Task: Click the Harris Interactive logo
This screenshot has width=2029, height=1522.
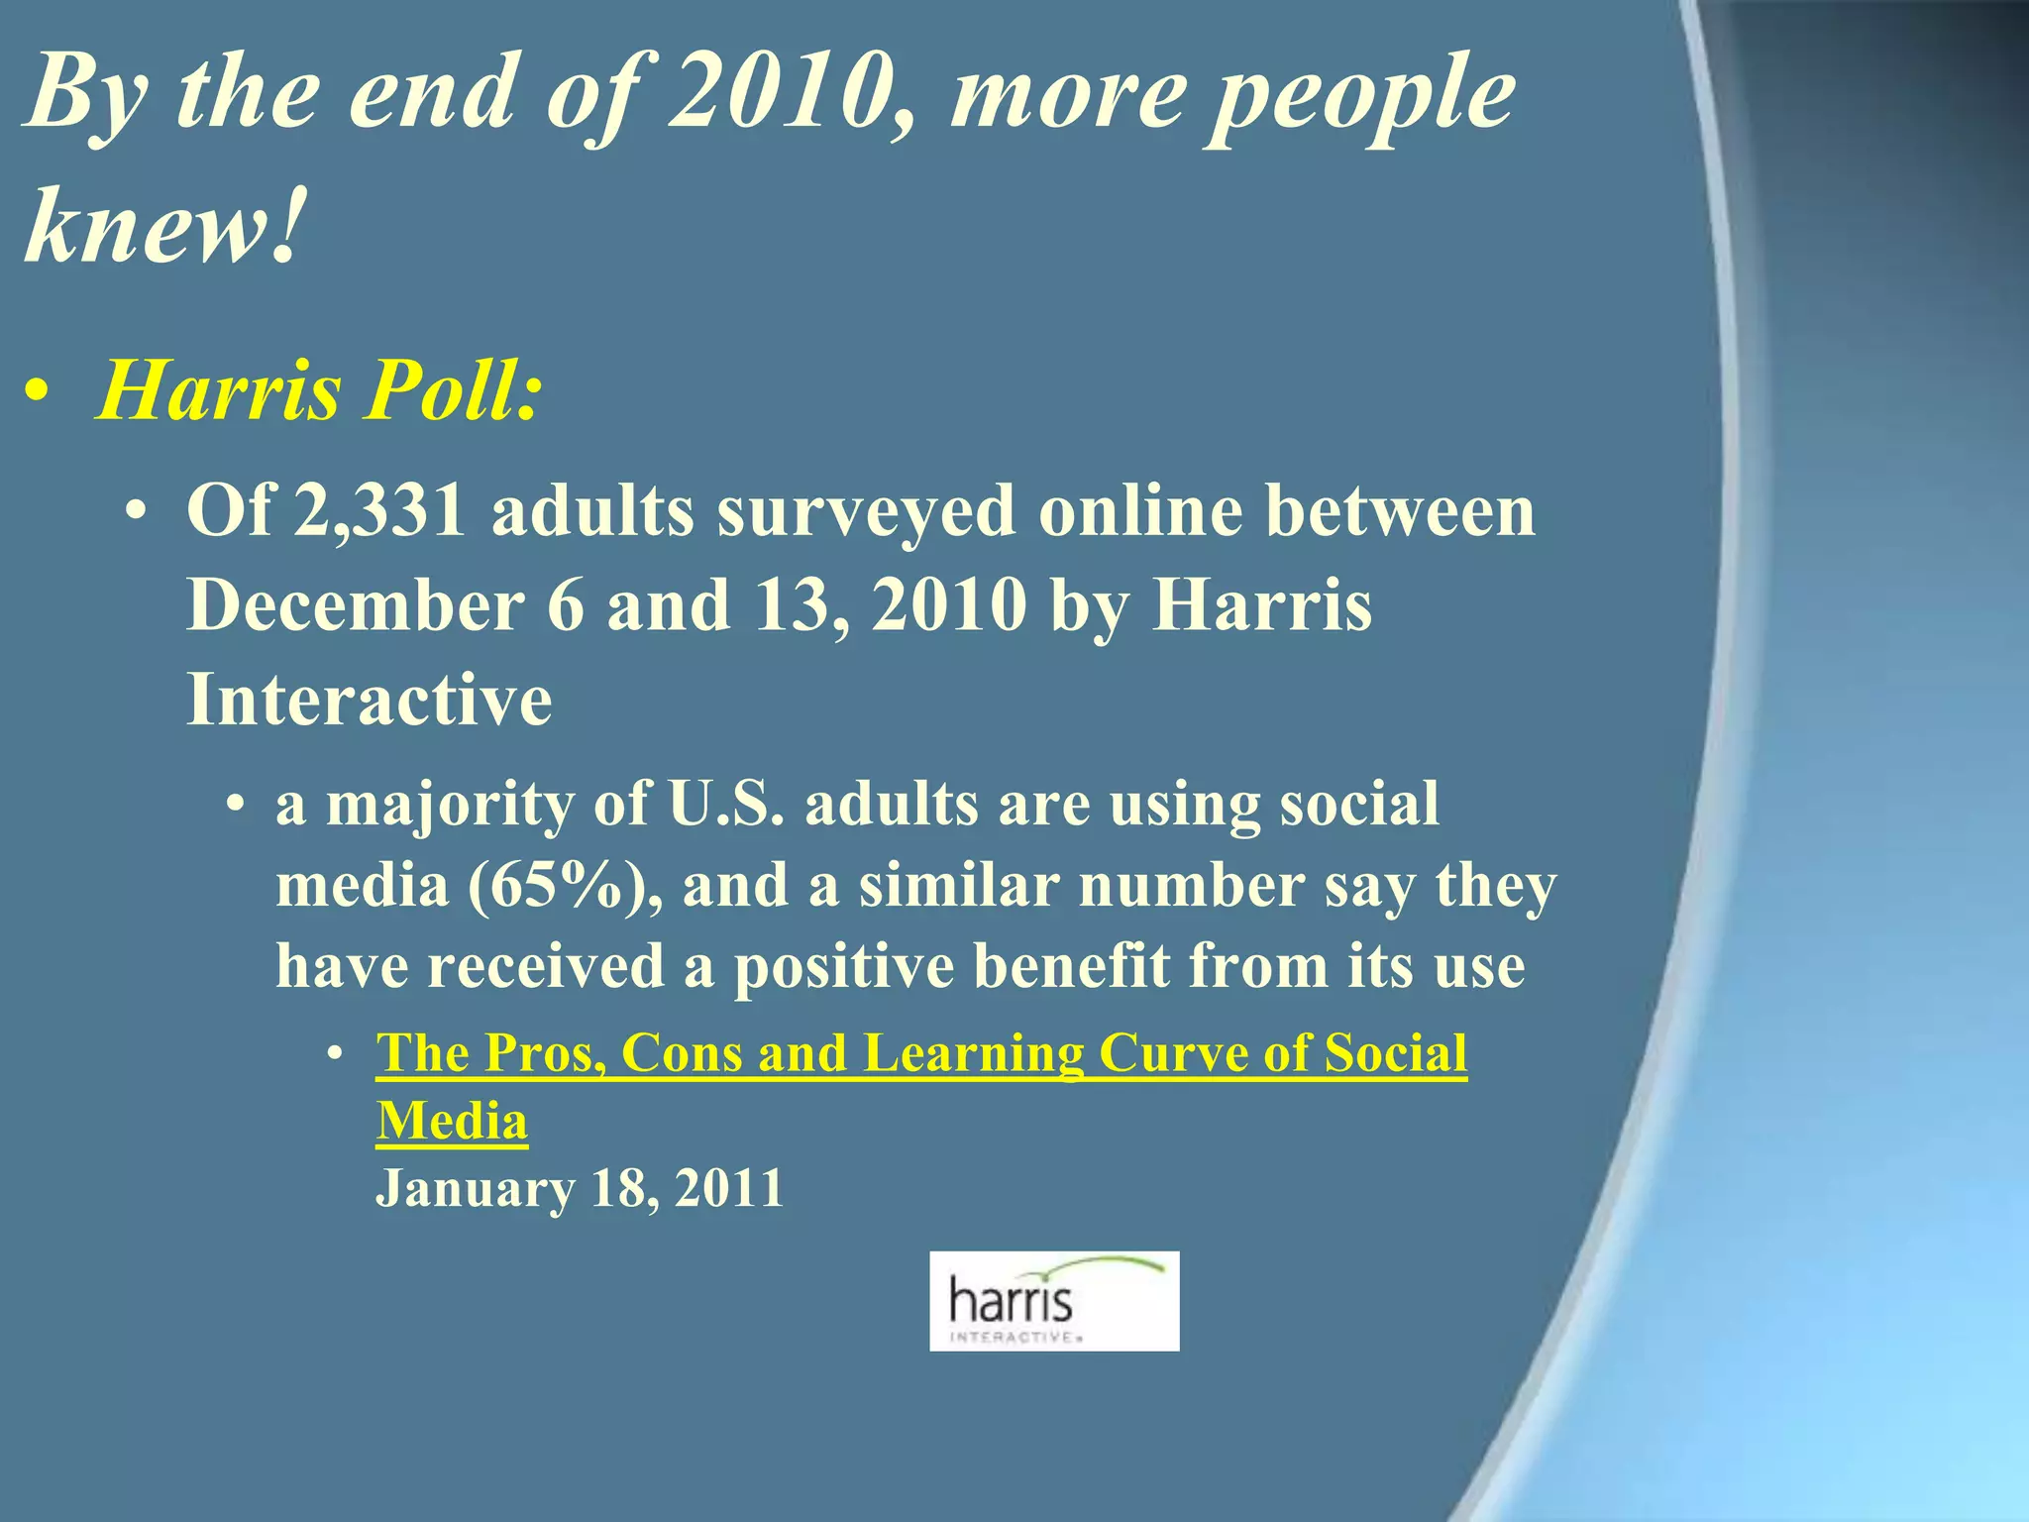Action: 1054,1301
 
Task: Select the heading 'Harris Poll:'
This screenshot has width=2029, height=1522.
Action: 319,390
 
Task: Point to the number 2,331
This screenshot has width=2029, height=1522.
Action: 379,511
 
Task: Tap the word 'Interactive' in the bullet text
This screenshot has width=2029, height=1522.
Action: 370,700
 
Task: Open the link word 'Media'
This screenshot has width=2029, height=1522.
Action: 452,1121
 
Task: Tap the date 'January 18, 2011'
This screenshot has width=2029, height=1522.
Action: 580,1188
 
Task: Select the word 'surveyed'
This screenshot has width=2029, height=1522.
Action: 867,511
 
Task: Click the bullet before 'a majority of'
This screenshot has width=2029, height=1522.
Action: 234,806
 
